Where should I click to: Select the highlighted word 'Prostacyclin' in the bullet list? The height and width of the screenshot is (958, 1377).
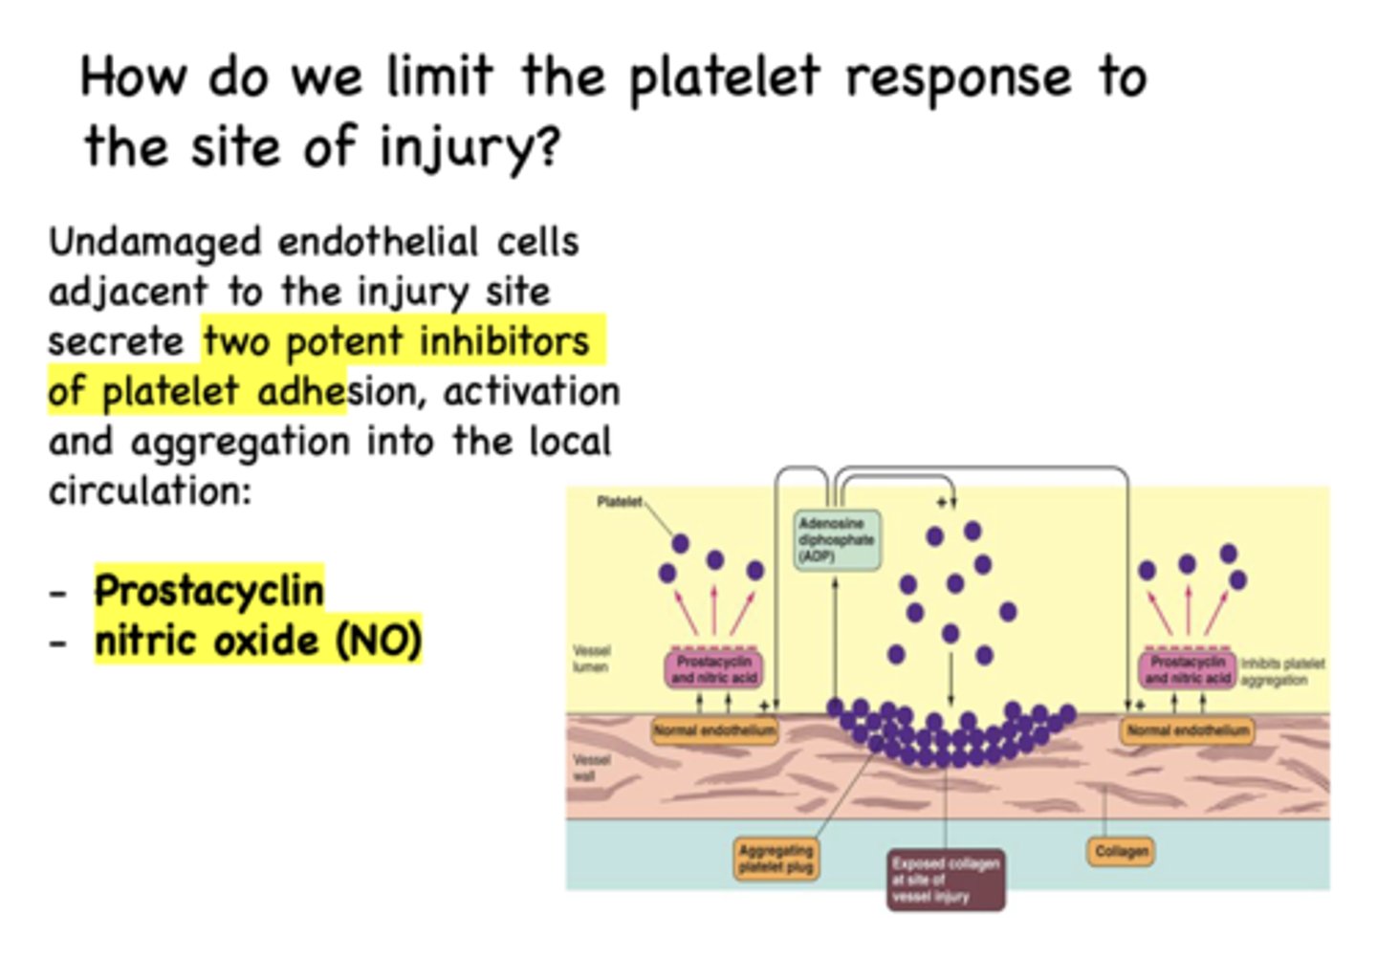coord(209,591)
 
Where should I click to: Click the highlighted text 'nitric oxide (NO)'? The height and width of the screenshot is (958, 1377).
coord(258,641)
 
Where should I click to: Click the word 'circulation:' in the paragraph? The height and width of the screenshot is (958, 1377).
coord(150,491)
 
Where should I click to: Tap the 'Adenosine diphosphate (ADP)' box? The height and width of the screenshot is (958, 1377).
coord(837,540)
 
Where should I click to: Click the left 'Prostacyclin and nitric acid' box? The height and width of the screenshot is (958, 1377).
coord(714,669)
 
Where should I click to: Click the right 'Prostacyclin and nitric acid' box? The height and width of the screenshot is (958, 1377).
coord(1188,669)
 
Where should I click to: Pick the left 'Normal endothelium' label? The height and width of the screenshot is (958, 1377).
coord(714,731)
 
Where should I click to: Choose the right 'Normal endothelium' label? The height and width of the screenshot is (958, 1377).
coord(1188,731)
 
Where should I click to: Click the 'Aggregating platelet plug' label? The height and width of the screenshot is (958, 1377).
coord(776,859)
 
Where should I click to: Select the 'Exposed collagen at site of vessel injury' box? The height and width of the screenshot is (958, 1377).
coord(946,880)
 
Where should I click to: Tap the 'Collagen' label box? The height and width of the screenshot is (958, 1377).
coord(1121,851)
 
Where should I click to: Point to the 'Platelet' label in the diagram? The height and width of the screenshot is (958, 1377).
coord(619,502)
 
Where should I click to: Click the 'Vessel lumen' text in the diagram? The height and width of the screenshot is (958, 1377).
coord(591,659)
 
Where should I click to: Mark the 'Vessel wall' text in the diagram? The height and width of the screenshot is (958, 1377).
coord(591,768)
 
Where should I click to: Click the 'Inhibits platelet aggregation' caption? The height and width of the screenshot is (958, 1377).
coord(1282,671)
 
